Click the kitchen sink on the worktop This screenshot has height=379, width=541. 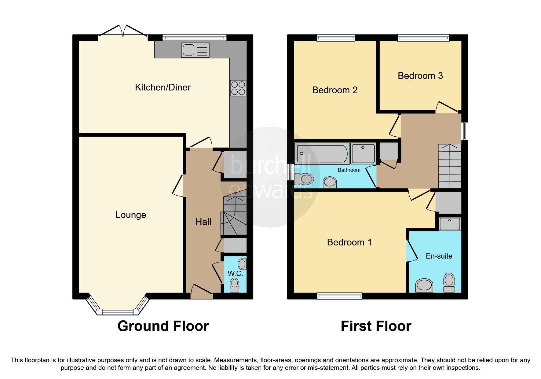coord(195,50)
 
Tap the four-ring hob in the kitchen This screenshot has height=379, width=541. coord(238,88)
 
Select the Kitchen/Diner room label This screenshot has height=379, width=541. coord(163,87)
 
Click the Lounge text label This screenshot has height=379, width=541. coord(131,215)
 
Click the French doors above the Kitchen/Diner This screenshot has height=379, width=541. coord(123,32)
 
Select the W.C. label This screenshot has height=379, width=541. coord(236,274)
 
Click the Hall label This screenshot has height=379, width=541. coord(203,222)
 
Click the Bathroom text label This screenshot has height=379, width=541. coord(349,170)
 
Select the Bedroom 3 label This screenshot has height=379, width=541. coord(420,76)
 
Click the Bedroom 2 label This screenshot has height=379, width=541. coord(335,90)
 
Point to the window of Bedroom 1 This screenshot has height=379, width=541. coord(339,296)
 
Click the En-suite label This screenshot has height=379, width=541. coord(439,256)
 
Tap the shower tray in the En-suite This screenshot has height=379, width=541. coord(449,224)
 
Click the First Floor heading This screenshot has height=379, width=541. coord(376,326)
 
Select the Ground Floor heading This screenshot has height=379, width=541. coord(163,326)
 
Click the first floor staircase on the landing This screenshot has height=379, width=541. coord(449,167)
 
